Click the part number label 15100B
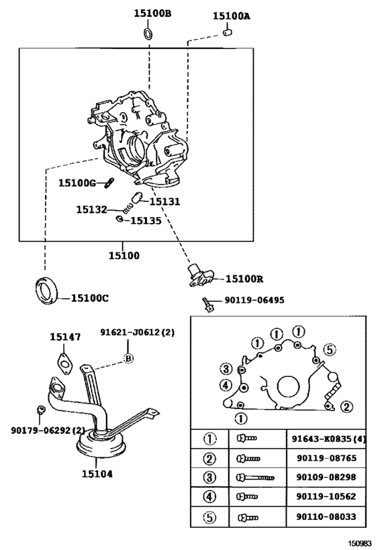152,13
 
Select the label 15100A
232,15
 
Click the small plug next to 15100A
228,32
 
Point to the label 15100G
77,183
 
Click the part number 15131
164,201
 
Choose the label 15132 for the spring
91,210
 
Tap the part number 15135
145,220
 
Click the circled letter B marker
128,359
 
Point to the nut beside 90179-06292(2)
40,410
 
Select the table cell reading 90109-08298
325,477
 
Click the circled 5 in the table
210,518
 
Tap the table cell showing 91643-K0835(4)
327,439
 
